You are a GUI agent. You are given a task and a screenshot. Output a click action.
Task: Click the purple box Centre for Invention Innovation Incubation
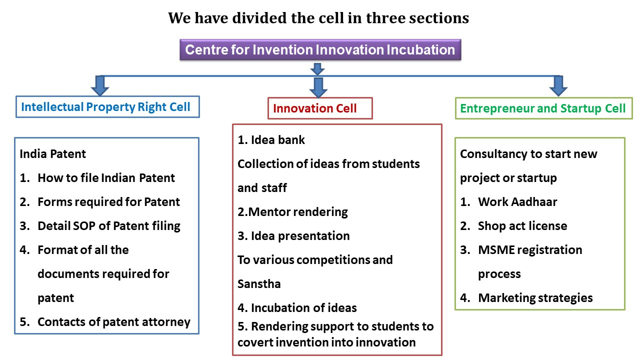click(320, 49)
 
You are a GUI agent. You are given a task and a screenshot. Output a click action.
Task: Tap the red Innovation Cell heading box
click(320, 108)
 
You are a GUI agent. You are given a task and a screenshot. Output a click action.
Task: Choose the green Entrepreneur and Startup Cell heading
click(543, 108)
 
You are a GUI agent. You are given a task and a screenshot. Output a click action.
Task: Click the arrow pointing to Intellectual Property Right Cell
click(99, 85)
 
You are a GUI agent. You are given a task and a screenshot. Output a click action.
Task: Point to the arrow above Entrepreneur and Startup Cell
click(558, 85)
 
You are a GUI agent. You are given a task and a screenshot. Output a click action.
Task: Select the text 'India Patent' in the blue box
click(52, 154)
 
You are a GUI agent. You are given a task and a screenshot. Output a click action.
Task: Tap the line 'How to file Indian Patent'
click(106, 178)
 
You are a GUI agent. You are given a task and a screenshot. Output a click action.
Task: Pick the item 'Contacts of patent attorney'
click(113, 322)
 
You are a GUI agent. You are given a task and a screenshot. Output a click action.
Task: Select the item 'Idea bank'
click(277, 140)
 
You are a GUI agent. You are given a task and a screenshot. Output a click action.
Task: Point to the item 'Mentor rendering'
click(298, 212)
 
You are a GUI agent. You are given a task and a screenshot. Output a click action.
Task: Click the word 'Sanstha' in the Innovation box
click(259, 284)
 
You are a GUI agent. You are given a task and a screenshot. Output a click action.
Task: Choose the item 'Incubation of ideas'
click(303, 308)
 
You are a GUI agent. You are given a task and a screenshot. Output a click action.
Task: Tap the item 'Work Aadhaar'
click(517, 202)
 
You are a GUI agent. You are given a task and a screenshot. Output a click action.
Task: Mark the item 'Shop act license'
click(522, 226)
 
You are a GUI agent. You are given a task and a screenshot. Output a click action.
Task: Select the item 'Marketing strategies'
click(535, 298)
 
